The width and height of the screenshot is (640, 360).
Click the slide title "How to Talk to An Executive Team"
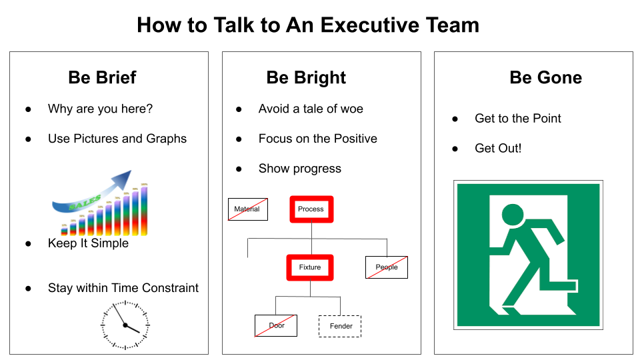click(307, 25)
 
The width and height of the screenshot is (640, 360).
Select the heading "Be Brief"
click(102, 77)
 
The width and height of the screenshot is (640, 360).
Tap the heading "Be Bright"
click(306, 77)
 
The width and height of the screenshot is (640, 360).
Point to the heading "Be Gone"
click(545, 77)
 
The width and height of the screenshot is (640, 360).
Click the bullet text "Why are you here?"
click(100, 109)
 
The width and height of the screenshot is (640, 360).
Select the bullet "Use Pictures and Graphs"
click(117, 139)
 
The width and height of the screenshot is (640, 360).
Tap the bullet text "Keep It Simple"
click(88, 243)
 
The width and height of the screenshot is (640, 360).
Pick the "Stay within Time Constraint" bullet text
click(123, 288)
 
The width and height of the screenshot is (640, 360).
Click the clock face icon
click(125, 325)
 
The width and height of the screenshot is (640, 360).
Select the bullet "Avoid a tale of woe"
click(311, 109)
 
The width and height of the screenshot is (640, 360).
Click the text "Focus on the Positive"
click(317, 139)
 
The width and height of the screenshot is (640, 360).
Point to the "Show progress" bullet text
click(299, 169)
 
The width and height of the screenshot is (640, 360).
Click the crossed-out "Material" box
click(247, 209)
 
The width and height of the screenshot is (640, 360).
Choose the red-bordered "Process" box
click(311, 209)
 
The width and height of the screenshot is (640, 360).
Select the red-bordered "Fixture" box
click(310, 267)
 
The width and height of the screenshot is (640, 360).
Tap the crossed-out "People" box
click(387, 267)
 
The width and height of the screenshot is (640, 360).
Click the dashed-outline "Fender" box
click(340, 326)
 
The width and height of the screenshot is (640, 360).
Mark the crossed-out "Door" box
click(276, 326)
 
